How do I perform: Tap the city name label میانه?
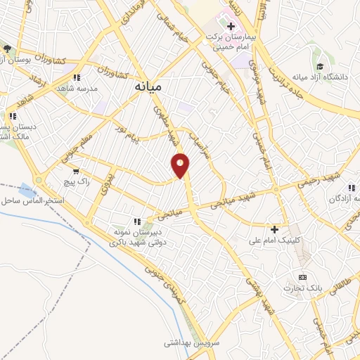(x=148, y=88)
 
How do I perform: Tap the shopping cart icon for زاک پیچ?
(x=75, y=171)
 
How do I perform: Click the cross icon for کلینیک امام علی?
(x=274, y=229)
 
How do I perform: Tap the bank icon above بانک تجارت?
(x=303, y=277)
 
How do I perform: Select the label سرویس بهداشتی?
(x=182, y=343)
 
